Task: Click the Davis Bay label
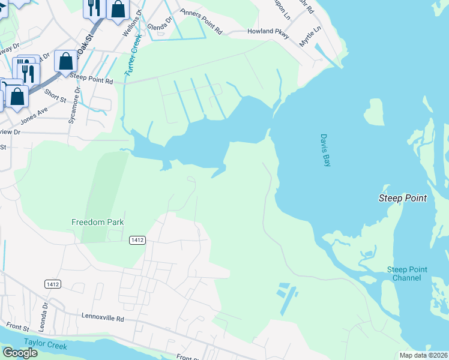(x=325, y=150)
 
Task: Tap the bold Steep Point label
(x=402, y=199)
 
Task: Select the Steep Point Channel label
(x=407, y=274)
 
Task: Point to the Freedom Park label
(x=97, y=222)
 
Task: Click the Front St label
(x=17, y=328)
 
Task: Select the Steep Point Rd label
(x=91, y=79)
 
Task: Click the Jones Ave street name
(x=34, y=116)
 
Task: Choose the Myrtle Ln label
(x=311, y=37)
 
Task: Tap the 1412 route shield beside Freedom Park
(x=137, y=239)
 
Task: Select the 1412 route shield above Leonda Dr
(x=52, y=283)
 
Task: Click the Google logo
(x=19, y=353)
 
